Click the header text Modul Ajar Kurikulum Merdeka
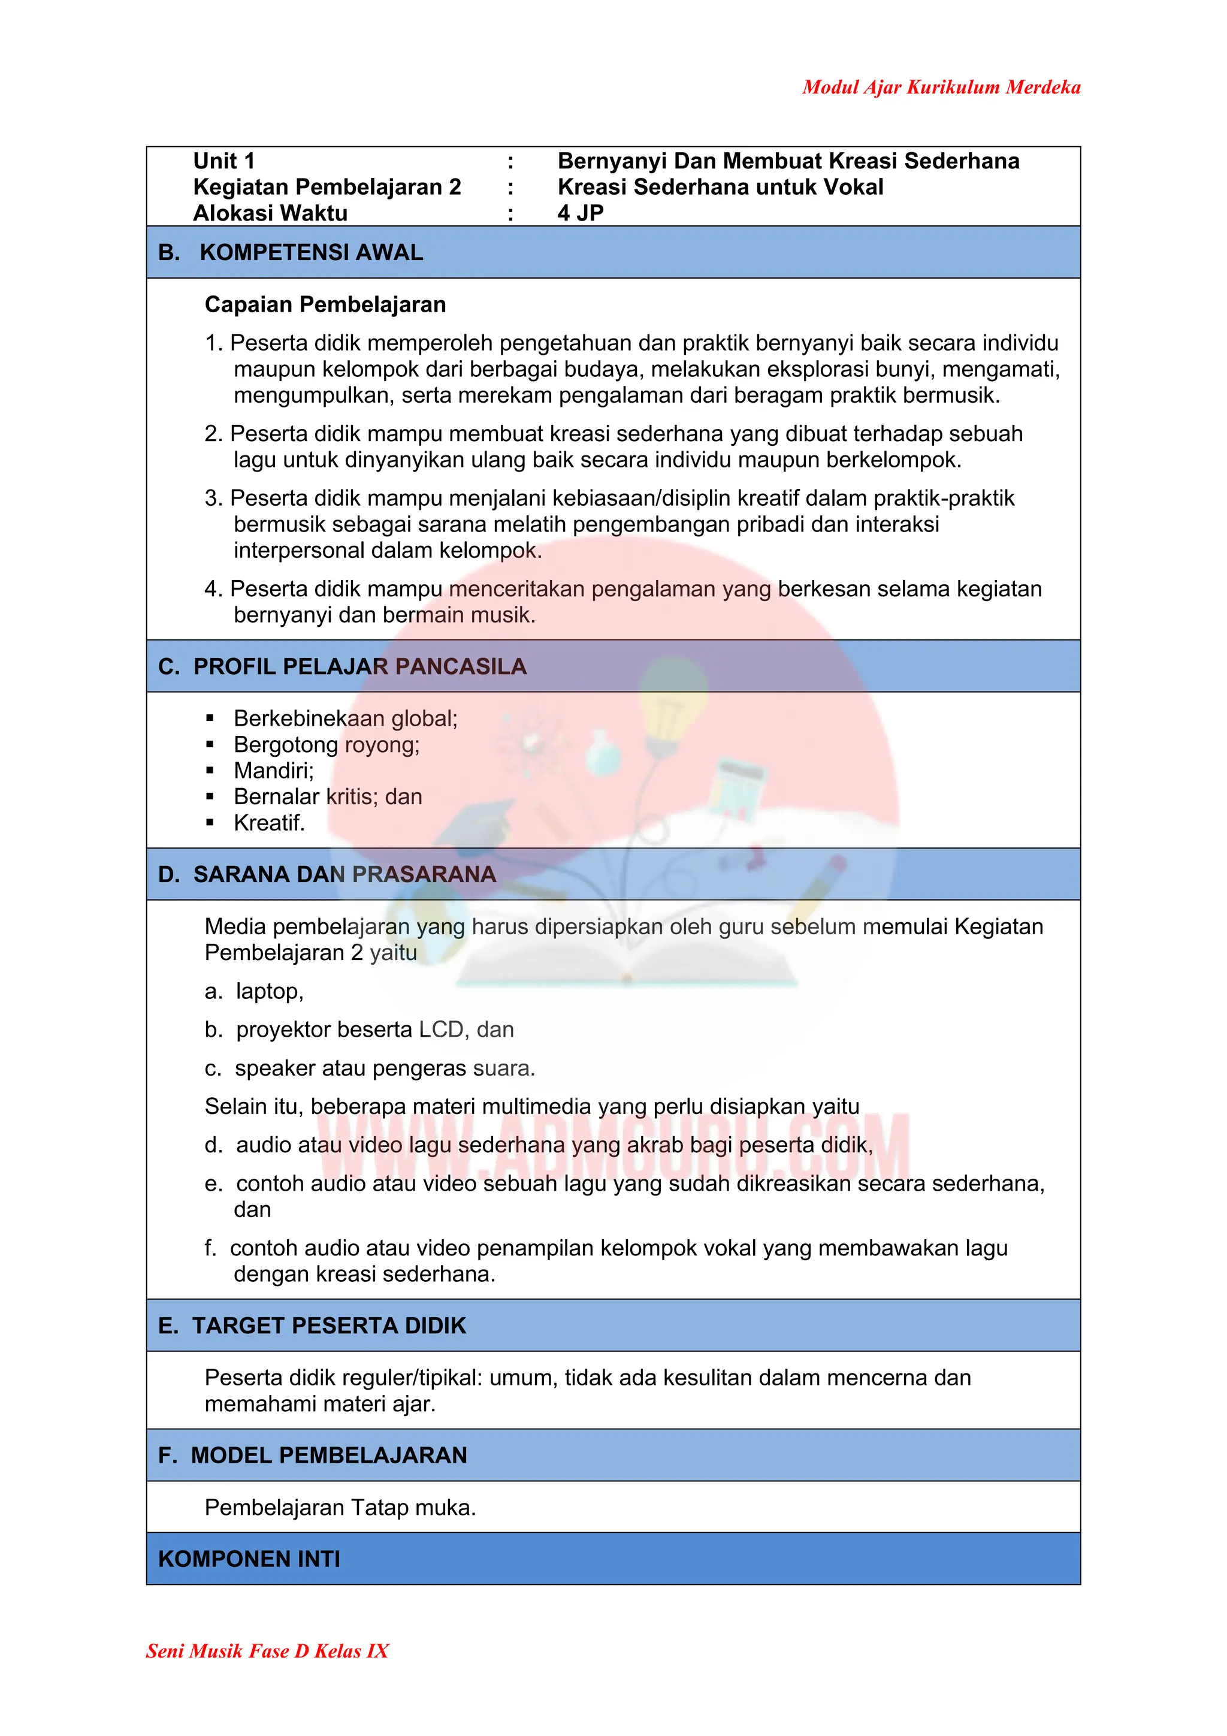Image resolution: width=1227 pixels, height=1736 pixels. click(941, 87)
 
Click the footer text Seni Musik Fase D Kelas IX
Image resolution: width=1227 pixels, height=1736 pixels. click(267, 1650)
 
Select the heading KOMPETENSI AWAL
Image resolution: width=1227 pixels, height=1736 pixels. click(311, 252)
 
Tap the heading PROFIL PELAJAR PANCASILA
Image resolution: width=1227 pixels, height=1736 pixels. click(360, 666)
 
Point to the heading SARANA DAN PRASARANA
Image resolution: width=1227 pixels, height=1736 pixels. click(344, 874)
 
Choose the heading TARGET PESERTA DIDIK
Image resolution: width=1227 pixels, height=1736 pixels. click(329, 1326)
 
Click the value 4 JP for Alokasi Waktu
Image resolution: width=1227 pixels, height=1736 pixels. click(581, 213)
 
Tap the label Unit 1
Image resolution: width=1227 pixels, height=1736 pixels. click(224, 161)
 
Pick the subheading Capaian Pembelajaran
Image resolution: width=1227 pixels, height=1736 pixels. click(325, 304)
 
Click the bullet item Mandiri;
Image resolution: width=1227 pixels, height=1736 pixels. click(273, 771)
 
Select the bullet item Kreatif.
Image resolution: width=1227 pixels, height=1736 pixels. click(269, 823)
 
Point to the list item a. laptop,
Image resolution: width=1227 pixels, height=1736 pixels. click(255, 991)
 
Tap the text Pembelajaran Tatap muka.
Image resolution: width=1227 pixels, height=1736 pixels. click(340, 1507)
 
